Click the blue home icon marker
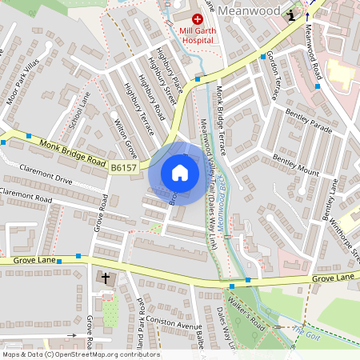[180, 173]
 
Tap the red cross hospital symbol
[197, 18]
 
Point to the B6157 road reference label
[125, 168]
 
